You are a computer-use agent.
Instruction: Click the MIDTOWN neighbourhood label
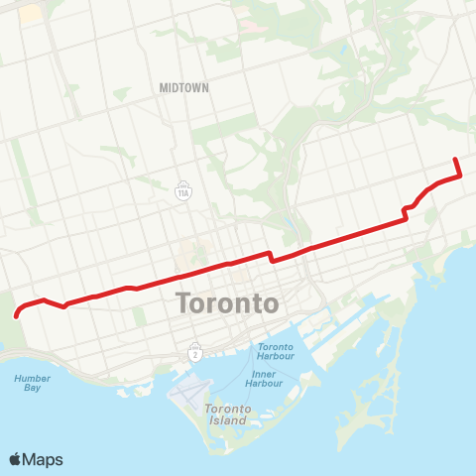point(184,87)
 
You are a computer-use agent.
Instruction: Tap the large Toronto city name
point(226,302)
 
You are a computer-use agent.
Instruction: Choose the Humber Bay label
point(33,383)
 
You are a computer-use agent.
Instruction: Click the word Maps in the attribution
point(45,459)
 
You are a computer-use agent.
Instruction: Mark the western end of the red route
point(18,316)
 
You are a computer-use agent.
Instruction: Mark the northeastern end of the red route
point(455,159)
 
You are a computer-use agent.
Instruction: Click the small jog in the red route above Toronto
point(271,256)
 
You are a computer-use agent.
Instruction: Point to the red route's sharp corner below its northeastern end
point(460,176)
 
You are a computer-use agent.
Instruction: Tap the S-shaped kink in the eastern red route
point(406,211)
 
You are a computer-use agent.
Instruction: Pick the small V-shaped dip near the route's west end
point(63,305)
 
